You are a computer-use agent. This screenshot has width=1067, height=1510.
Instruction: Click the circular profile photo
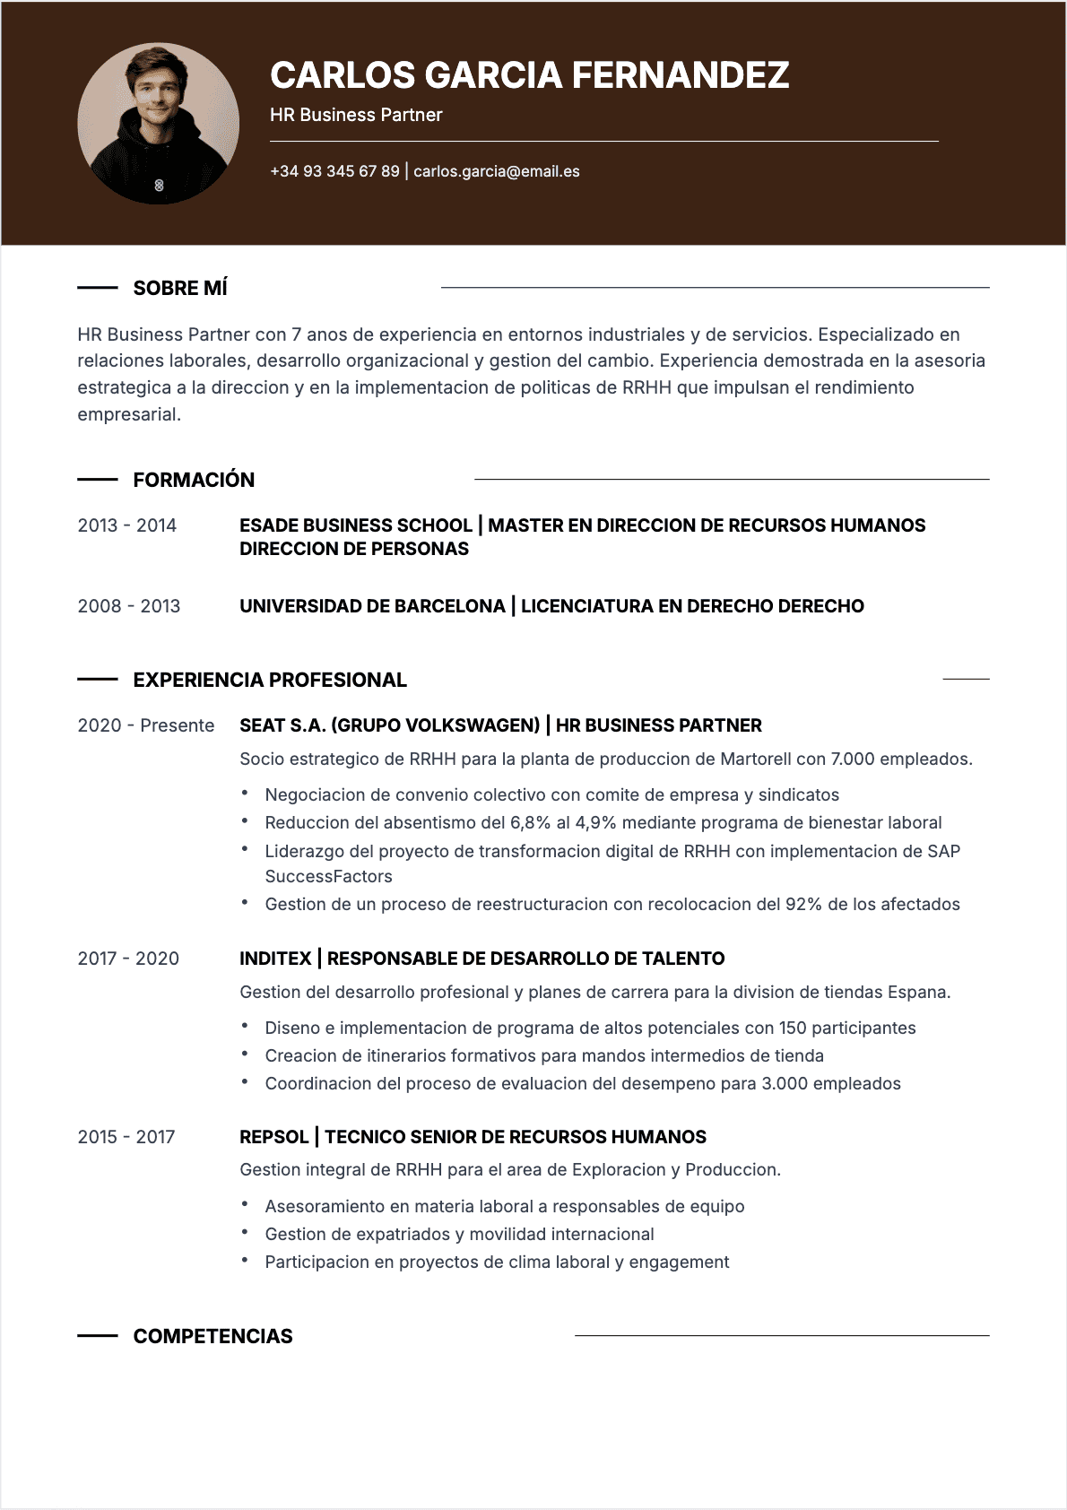pos(159,124)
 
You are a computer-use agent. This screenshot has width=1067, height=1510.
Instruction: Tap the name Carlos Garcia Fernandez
pos(529,75)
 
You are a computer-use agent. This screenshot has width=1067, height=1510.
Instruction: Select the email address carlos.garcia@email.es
pos(496,171)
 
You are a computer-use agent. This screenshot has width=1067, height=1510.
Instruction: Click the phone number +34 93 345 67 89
pos(334,171)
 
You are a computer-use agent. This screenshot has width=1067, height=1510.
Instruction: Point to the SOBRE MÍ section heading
pos(180,288)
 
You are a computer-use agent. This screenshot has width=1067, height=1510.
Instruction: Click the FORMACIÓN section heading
pos(194,480)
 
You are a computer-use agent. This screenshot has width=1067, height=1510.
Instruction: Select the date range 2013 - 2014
pos(127,525)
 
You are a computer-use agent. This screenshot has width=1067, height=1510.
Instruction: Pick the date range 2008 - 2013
pos(129,606)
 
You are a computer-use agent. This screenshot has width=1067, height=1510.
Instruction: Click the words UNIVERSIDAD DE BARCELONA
pos(372,606)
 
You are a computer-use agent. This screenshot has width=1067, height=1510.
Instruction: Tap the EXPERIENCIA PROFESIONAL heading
pos(270,680)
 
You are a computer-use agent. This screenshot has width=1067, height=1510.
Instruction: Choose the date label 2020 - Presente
pos(146,725)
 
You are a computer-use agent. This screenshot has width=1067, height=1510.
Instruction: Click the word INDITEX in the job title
pos(275,959)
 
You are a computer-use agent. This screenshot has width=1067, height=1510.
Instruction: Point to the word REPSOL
pos(273,1137)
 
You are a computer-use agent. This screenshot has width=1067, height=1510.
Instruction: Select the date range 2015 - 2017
pos(126,1137)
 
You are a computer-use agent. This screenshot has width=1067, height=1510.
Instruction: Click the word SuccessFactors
pos(328,876)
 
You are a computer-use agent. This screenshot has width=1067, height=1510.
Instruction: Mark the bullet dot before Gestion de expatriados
pos(244,1233)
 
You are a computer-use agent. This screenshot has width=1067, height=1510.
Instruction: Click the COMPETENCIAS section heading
pos(213,1336)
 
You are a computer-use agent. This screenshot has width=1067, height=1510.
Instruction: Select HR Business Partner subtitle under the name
pos(356,115)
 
